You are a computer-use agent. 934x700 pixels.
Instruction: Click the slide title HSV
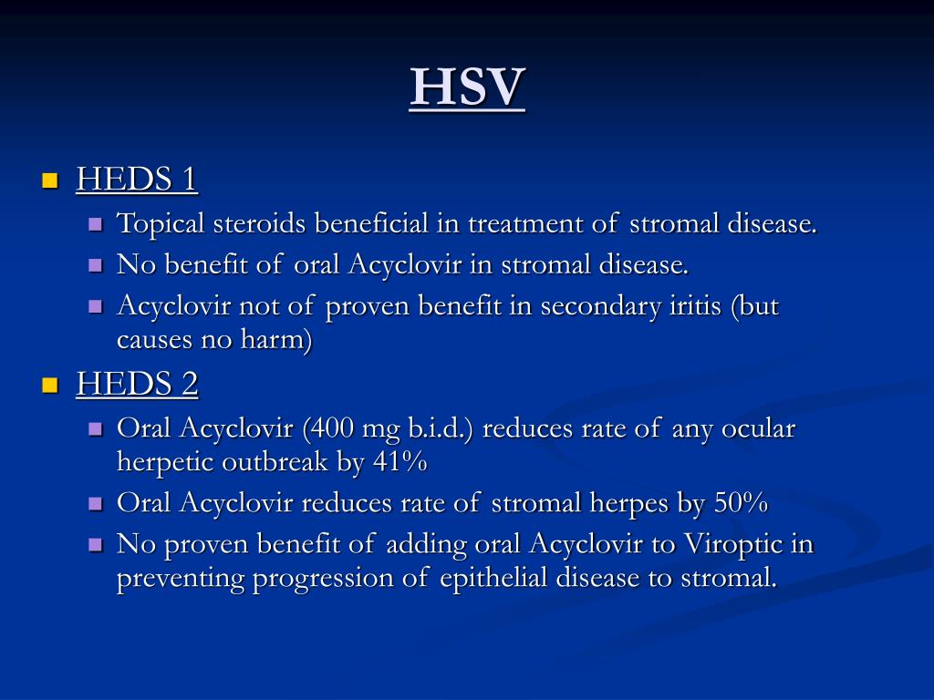[x=467, y=88]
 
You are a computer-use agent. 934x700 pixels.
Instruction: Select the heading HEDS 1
[x=137, y=179]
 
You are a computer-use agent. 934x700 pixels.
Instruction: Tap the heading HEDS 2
[x=137, y=384]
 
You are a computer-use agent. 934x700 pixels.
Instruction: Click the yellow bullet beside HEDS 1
[x=49, y=180]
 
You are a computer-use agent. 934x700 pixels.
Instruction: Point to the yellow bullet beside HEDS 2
[x=49, y=385]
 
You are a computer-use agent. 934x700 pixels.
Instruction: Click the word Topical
[x=161, y=223]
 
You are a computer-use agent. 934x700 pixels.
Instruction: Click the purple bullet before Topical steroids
[x=96, y=224]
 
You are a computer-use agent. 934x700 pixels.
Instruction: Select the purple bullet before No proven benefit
[x=96, y=545]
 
